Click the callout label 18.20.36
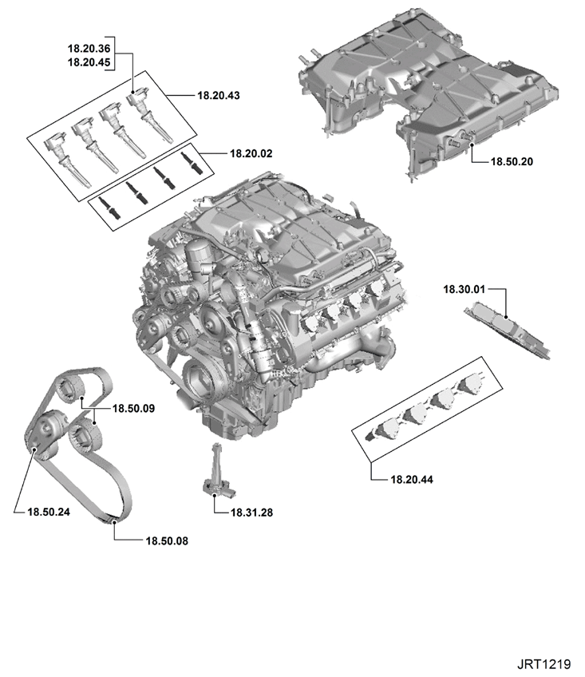click(89, 49)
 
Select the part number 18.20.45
click(89, 62)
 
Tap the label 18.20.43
click(219, 96)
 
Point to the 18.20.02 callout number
click(251, 153)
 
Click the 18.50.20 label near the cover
click(512, 162)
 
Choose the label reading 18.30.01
click(464, 289)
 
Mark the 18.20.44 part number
click(412, 479)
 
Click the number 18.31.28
click(251, 513)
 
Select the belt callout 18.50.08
click(167, 541)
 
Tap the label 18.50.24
click(49, 512)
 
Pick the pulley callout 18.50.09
click(133, 409)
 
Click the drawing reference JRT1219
click(544, 664)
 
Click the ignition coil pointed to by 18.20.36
click(149, 113)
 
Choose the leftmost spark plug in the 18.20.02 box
click(109, 208)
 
